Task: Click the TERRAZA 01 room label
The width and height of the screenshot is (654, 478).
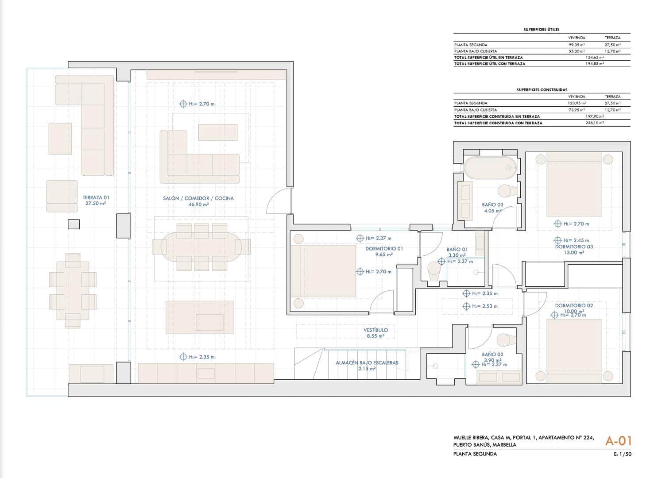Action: click(x=96, y=200)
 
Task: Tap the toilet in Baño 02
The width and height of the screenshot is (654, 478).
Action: click(x=506, y=340)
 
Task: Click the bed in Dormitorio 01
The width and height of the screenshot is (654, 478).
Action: click(x=328, y=271)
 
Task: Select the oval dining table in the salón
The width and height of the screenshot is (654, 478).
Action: click(x=201, y=247)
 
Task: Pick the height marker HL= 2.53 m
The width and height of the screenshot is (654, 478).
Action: click(x=480, y=306)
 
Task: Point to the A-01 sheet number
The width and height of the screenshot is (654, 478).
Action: click(x=618, y=441)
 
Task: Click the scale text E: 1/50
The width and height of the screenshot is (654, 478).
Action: click(x=622, y=454)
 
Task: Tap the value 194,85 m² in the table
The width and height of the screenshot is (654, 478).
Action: click(x=594, y=64)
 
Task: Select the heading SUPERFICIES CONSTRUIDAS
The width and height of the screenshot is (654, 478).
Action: click(x=542, y=90)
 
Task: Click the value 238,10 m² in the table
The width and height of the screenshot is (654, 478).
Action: click(x=594, y=123)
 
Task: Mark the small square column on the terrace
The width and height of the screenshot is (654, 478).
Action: click(x=74, y=224)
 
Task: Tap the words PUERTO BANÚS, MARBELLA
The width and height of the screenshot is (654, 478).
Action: click(x=484, y=445)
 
